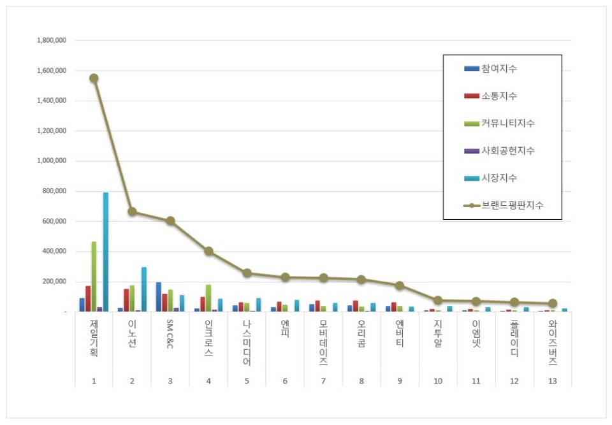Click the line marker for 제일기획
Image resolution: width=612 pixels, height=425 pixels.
point(94,78)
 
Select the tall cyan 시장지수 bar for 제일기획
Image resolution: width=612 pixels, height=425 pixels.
point(106,252)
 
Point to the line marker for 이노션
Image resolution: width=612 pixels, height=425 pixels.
point(132,212)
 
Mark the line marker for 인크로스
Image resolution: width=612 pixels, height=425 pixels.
point(208,251)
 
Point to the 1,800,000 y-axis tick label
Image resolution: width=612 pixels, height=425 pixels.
point(53,41)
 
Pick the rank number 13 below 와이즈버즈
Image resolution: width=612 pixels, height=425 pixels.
point(553,381)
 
